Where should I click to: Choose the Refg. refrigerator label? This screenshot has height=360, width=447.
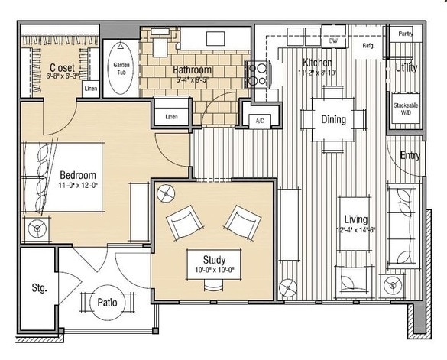coord(368,46)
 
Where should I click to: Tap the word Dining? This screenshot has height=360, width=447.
coord(332,119)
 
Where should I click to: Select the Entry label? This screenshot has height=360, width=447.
coord(410,155)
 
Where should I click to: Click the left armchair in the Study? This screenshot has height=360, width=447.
coord(183,222)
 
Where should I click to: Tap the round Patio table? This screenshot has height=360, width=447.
coord(107,302)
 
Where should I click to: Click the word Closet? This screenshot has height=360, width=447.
coord(62,66)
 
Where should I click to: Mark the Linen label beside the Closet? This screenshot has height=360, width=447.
coord(90,89)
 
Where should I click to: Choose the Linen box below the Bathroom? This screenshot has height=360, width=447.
coord(173,117)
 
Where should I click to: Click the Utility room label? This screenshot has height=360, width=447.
coord(406,67)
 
